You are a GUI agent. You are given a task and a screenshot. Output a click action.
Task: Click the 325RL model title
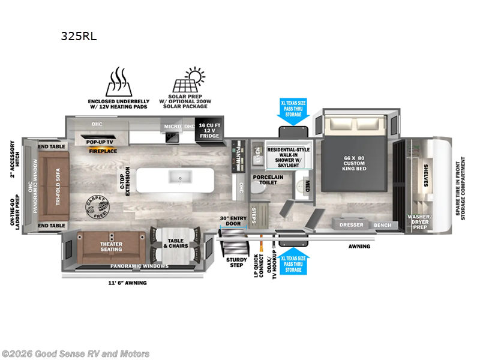78,36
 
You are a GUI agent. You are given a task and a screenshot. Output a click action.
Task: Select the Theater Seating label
111,246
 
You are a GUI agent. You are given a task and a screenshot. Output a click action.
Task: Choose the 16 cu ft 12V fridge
210,131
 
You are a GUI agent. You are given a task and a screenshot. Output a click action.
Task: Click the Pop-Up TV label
101,141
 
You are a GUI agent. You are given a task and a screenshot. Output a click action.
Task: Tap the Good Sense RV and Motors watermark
76,353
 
